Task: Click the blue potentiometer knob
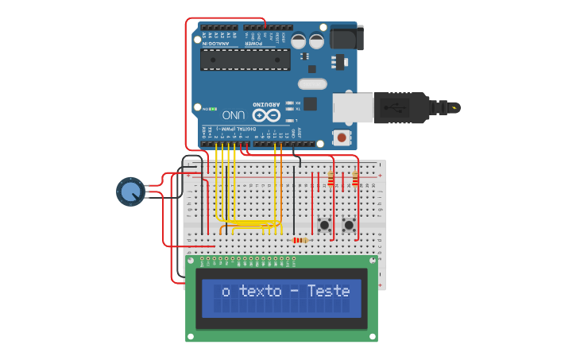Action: pyautogui.click(x=130, y=192)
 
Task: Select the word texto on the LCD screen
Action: pyautogui.click(x=261, y=291)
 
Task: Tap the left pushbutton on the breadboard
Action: pyautogui.click(x=325, y=225)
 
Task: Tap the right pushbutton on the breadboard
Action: pyautogui.click(x=349, y=225)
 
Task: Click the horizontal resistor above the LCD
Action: pyautogui.click(x=300, y=240)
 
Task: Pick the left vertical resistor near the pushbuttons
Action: pyautogui.click(x=331, y=180)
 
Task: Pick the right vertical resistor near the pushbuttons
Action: pyautogui.click(x=354, y=180)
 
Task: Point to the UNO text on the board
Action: pyautogui.click(x=233, y=114)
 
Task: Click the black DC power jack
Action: pyautogui.click(x=346, y=37)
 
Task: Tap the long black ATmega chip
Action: pyautogui.click(x=245, y=60)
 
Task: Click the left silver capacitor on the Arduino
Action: pyautogui.click(x=299, y=41)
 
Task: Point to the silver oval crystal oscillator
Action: pyautogui.click(x=312, y=84)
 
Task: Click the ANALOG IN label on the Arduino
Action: pyautogui.click(x=217, y=43)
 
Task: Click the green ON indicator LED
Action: pyautogui.click(x=213, y=109)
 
